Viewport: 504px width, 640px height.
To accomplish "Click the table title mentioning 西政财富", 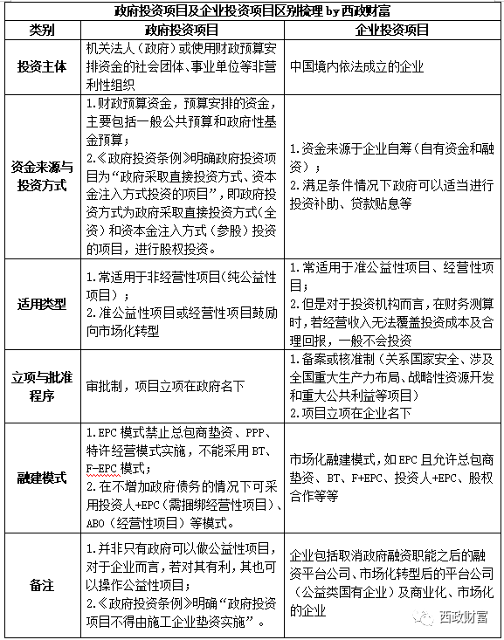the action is click(252, 11).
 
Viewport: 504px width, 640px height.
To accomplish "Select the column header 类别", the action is click(43, 30).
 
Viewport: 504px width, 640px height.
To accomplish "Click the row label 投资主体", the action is click(43, 65).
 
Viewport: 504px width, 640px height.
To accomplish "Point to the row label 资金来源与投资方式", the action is click(43, 174).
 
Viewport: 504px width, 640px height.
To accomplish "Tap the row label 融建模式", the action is click(43, 478).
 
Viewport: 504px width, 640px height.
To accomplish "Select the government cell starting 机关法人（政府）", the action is click(184, 65).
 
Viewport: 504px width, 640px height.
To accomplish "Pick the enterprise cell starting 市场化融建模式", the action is click(392, 478).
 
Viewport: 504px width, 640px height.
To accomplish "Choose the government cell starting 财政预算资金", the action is click(184, 174).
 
